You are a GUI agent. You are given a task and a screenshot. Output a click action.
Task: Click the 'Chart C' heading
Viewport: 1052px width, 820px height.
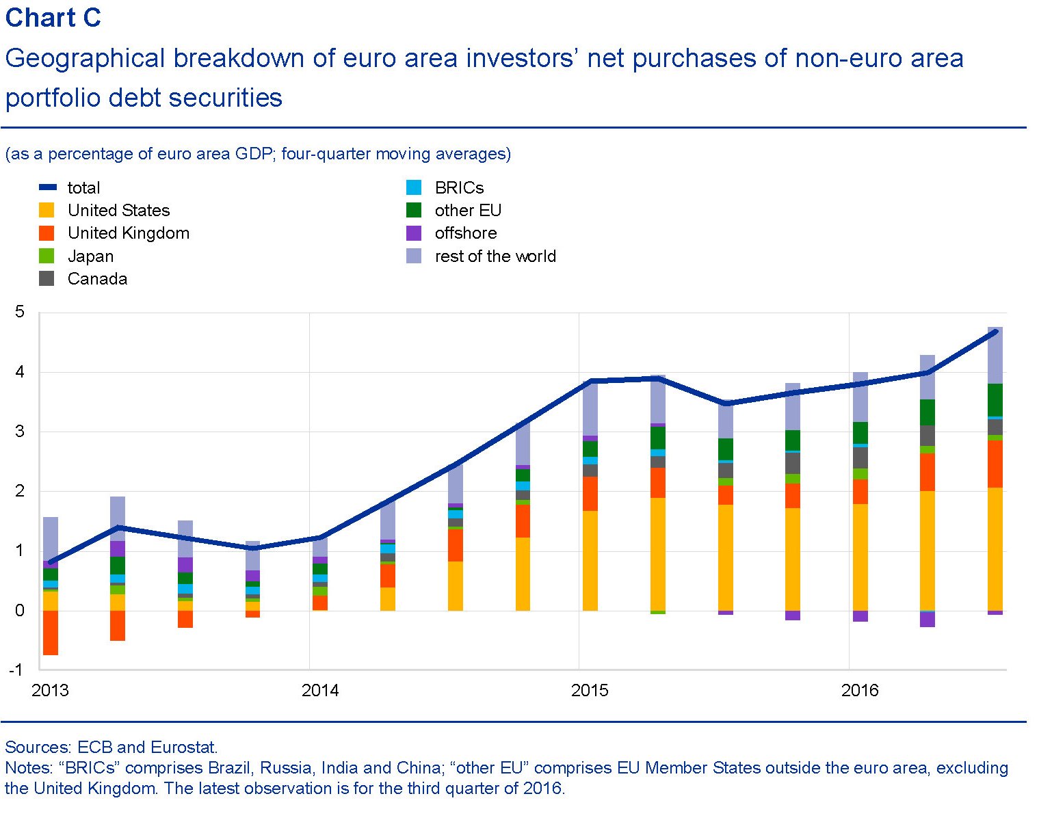point(53,18)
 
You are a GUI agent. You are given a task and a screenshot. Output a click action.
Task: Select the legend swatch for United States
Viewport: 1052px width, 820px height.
point(47,210)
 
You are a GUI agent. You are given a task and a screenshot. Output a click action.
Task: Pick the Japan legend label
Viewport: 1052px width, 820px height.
point(90,256)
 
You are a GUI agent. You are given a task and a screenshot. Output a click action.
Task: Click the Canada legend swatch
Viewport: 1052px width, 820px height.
point(47,279)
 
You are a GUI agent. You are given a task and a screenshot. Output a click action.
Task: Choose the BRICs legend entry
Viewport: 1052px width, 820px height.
point(459,188)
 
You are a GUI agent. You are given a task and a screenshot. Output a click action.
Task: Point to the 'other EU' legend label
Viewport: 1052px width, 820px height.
point(468,211)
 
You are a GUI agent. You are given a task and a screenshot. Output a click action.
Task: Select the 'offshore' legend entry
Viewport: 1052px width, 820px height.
point(465,233)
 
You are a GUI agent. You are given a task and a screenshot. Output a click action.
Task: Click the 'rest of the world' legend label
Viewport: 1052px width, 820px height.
point(495,256)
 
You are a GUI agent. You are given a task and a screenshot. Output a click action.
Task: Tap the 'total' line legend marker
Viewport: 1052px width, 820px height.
point(47,187)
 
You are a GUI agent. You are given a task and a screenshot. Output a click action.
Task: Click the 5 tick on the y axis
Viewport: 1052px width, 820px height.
point(19,313)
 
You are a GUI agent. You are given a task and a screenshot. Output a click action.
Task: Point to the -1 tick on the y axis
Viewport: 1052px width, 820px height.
point(17,670)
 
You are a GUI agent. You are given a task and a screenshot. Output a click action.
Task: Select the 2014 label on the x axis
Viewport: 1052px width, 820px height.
point(320,690)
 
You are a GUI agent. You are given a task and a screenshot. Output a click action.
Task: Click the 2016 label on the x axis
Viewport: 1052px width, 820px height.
point(860,690)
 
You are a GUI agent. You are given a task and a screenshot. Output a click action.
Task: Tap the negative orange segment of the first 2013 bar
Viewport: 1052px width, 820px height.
point(51,633)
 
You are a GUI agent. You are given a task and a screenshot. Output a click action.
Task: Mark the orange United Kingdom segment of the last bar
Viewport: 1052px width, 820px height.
point(995,464)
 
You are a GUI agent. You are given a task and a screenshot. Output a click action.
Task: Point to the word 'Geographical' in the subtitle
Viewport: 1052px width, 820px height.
point(86,59)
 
